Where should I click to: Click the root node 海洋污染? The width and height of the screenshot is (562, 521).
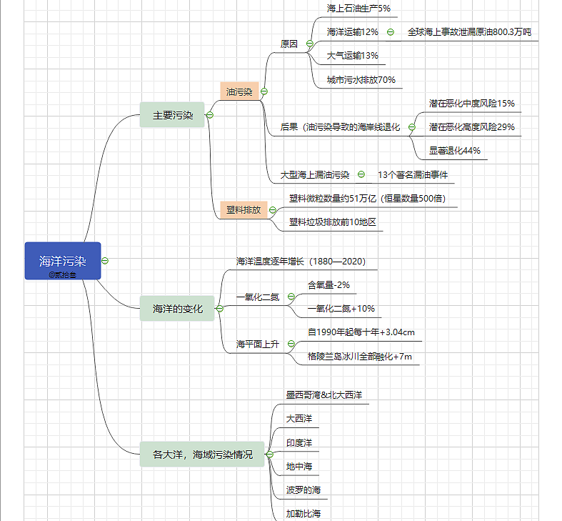pyautogui.click(x=63, y=261)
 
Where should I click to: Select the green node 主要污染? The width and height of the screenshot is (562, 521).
pyautogui.click(x=172, y=115)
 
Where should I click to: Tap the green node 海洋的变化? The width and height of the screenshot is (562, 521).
pyautogui.click(x=178, y=309)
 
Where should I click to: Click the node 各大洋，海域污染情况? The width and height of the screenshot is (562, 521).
pyautogui.click(x=203, y=454)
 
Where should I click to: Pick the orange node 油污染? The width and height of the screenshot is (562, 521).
pyautogui.click(x=239, y=91)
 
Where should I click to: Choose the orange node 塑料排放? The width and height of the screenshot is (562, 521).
pyautogui.click(x=243, y=209)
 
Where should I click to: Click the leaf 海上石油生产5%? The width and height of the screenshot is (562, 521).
pyautogui.click(x=358, y=9)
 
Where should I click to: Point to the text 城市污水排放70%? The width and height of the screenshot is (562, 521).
pyautogui.click(x=361, y=79)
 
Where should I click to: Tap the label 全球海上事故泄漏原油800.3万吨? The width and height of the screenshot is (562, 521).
pyautogui.click(x=469, y=32)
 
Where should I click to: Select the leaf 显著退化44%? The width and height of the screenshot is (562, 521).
pyautogui.click(x=454, y=151)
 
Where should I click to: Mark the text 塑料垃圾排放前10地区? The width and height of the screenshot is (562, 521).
pyautogui.click(x=332, y=222)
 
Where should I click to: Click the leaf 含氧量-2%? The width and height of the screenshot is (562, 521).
pyautogui.click(x=328, y=284)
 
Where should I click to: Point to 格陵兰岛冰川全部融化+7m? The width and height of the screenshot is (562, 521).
pyautogui.click(x=359, y=356)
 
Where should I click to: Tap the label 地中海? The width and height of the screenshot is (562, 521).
pyautogui.click(x=299, y=466)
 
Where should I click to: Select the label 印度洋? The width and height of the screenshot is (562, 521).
pyautogui.click(x=299, y=442)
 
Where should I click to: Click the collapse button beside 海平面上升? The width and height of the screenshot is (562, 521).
pyautogui.click(x=291, y=344)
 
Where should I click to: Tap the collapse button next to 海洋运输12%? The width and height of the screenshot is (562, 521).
pyautogui.click(x=391, y=32)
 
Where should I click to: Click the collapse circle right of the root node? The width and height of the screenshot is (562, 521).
pyautogui.click(x=105, y=261)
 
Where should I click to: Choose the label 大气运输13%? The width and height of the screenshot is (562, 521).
pyautogui.click(x=353, y=56)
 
